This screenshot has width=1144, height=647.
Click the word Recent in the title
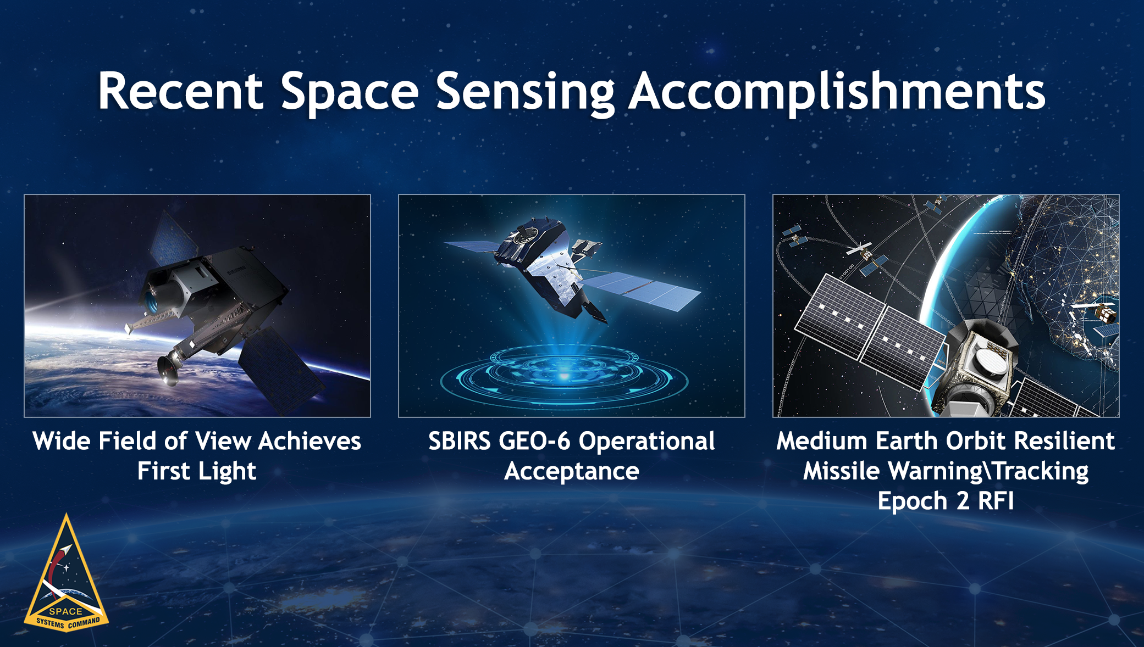(180, 92)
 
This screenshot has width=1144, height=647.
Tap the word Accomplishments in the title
(836, 92)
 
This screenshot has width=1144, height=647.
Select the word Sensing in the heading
(525, 92)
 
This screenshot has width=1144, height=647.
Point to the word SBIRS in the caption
(459, 441)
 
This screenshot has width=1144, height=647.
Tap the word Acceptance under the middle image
(572, 471)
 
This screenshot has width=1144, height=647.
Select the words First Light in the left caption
(197, 471)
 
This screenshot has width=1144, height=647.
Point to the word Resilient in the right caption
(1064, 441)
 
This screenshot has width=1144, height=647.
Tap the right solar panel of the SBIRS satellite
(640, 288)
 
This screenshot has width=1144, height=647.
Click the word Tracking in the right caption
(1041, 471)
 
